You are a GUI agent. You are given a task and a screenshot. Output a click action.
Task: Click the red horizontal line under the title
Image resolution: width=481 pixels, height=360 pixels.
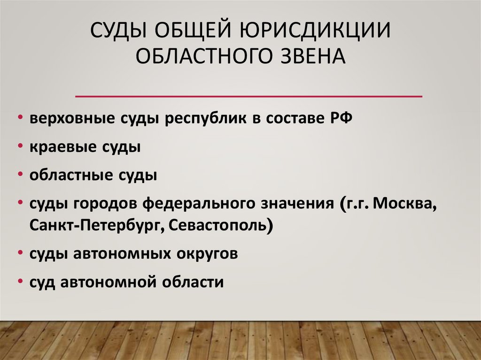click(x=248, y=96)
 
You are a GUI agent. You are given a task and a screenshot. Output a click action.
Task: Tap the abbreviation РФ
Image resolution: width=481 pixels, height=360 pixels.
click(x=338, y=118)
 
